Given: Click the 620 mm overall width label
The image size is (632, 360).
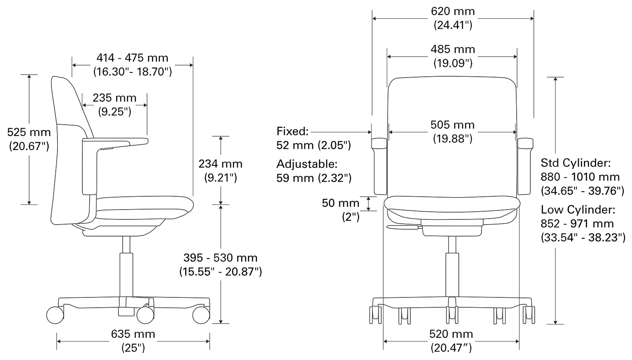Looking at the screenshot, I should (x=453, y=12).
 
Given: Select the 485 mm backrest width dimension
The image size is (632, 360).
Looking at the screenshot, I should (x=453, y=50).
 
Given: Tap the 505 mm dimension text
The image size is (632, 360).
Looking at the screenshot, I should (x=452, y=125).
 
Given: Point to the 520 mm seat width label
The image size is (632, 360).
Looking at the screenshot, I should (x=451, y=334).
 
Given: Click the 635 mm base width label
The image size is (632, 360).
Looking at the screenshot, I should (x=133, y=334).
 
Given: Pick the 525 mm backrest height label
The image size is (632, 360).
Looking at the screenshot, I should (x=29, y=132).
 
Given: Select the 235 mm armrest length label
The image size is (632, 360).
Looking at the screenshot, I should (x=114, y=98).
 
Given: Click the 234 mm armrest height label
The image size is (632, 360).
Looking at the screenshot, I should (x=220, y=164).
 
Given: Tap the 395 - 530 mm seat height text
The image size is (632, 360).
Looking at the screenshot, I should (x=220, y=258).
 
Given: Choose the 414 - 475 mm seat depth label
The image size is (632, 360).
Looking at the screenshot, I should (x=132, y=58).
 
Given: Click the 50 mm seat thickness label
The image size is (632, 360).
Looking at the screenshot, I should (x=340, y=203).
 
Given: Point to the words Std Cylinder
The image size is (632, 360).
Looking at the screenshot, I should (x=575, y=163).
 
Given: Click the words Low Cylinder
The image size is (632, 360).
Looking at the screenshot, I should (x=578, y=210).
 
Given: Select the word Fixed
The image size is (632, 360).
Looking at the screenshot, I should (x=292, y=131).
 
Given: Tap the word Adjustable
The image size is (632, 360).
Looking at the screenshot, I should (x=307, y=164).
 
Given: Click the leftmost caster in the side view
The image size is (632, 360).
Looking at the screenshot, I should (x=55, y=315).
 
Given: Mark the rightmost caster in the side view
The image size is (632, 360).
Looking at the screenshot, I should (x=201, y=315).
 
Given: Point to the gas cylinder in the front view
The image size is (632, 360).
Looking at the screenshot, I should (x=452, y=274).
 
